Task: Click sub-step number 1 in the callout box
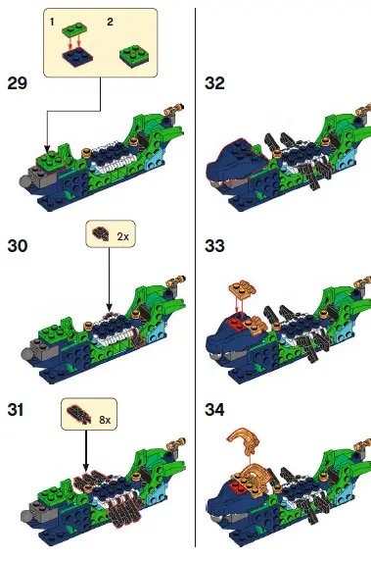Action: click(51, 21)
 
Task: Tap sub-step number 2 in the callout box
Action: click(110, 21)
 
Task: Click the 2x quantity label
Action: click(123, 237)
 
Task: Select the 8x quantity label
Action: click(104, 419)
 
